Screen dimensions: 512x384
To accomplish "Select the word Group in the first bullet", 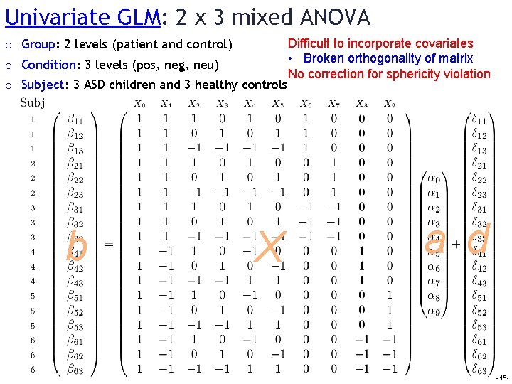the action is click(x=39, y=45).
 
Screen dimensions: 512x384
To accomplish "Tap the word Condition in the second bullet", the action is click(x=48, y=65).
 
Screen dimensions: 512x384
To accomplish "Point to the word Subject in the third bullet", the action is click(x=43, y=85).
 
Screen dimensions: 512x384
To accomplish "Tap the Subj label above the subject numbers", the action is click(x=33, y=103).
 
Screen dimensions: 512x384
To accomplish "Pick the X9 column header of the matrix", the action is click(x=390, y=104).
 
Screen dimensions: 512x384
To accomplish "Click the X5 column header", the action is click(x=278, y=104).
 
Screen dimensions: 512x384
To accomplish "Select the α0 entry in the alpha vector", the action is click(x=434, y=178).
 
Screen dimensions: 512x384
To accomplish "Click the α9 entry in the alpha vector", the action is click(x=434, y=312).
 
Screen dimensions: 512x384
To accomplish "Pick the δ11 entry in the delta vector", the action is click(x=479, y=119).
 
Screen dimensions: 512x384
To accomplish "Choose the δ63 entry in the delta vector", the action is click(x=479, y=370).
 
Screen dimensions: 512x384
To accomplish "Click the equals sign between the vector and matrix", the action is click(x=110, y=244).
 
